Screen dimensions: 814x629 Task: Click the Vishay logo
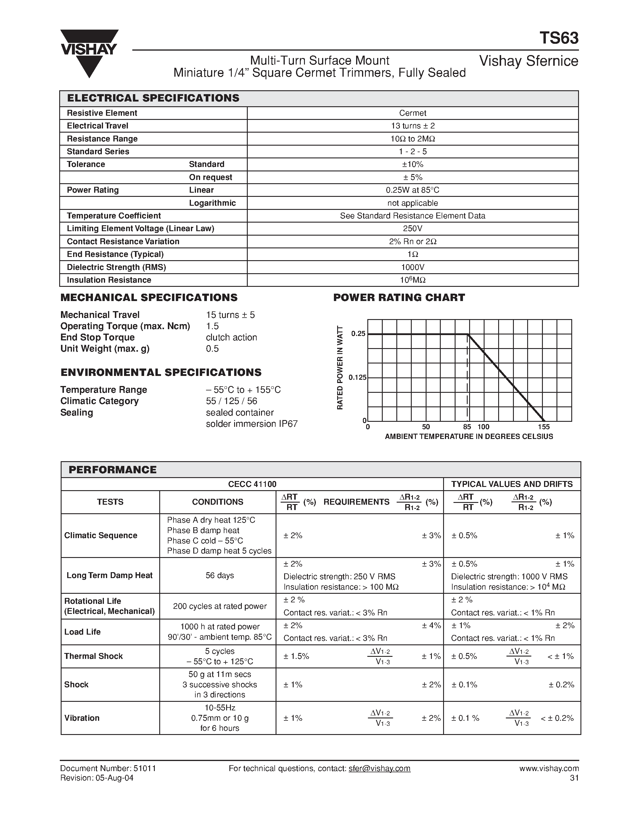pos(89,53)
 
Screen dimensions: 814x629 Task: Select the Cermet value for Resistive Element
pos(413,113)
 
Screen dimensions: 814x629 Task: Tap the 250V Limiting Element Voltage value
pos(413,229)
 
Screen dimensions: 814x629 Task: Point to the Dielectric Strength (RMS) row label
pos(116,267)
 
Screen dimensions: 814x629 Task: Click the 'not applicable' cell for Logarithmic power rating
pos(413,203)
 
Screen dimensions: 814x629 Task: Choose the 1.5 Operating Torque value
pos(213,326)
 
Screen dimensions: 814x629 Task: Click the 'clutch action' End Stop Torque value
pos(231,337)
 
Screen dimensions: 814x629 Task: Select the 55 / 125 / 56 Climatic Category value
pos(231,401)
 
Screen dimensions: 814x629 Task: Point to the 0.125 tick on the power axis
pos(357,378)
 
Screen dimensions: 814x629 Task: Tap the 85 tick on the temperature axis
pos(467,427)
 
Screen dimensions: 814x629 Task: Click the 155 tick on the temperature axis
pos(544,427)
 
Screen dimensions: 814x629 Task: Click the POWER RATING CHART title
pos(399,297)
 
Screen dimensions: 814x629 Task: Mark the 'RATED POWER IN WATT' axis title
pos(340,368)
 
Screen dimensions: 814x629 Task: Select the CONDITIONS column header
pos(218,502)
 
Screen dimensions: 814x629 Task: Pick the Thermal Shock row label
pos(94,656)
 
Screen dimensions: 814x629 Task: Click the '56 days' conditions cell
pos(219,575)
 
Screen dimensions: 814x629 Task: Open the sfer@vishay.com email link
pos(379,768)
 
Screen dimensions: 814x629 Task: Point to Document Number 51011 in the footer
pos(108,768)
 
